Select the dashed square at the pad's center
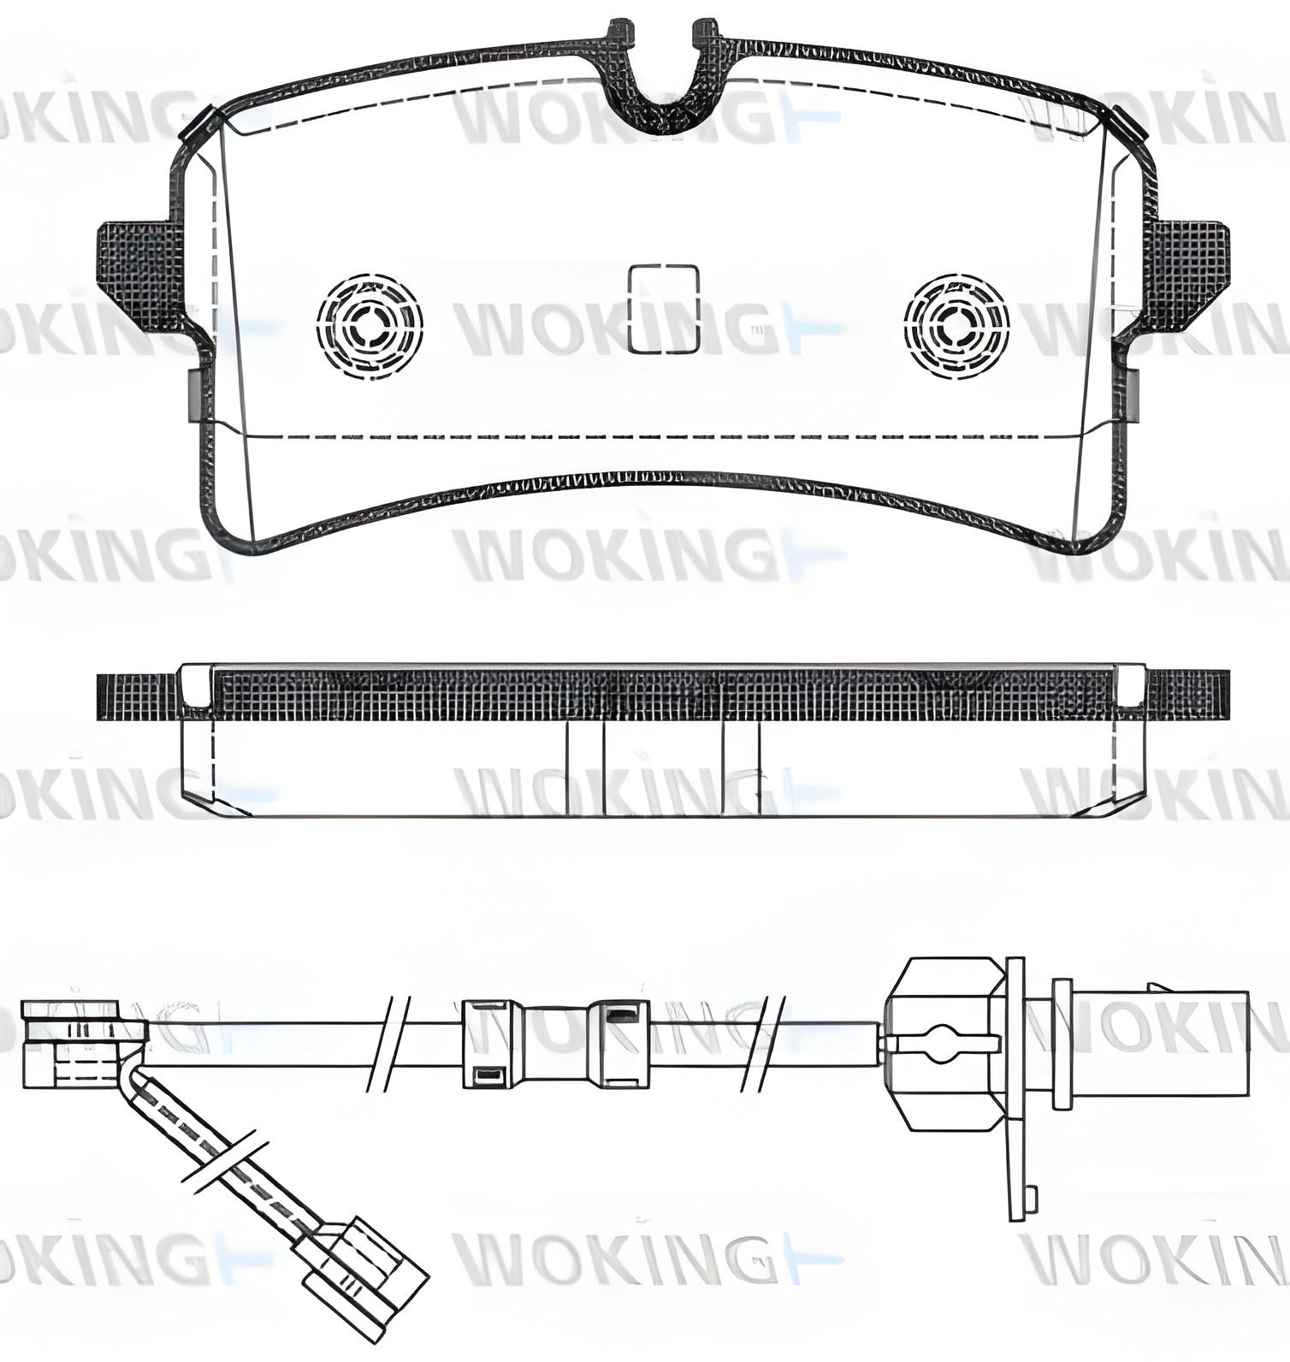664,309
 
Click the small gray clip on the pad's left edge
194,396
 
